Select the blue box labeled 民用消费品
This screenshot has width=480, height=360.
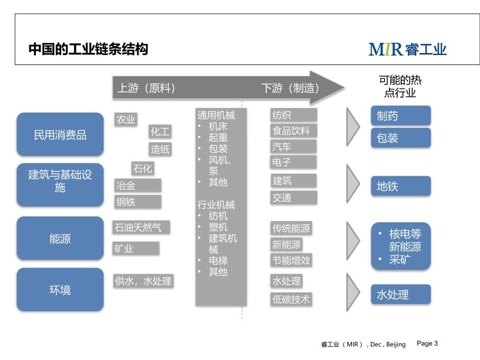60,135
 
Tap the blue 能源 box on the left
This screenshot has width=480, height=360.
60,239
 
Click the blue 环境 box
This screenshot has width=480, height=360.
60,290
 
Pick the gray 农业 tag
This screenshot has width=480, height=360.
126,119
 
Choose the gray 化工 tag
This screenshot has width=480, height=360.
160,132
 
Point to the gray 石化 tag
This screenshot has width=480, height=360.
142,168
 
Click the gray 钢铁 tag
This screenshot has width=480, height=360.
138,202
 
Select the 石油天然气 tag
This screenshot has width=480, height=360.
141,228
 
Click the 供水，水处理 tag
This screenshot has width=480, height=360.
143,281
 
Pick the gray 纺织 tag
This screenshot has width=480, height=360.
293,115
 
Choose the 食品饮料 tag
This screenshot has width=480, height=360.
293,131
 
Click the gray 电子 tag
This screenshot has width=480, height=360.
293,162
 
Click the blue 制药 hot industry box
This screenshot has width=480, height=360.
401,116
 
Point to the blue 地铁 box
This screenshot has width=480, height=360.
401,186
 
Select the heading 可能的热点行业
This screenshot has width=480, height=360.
400,86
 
